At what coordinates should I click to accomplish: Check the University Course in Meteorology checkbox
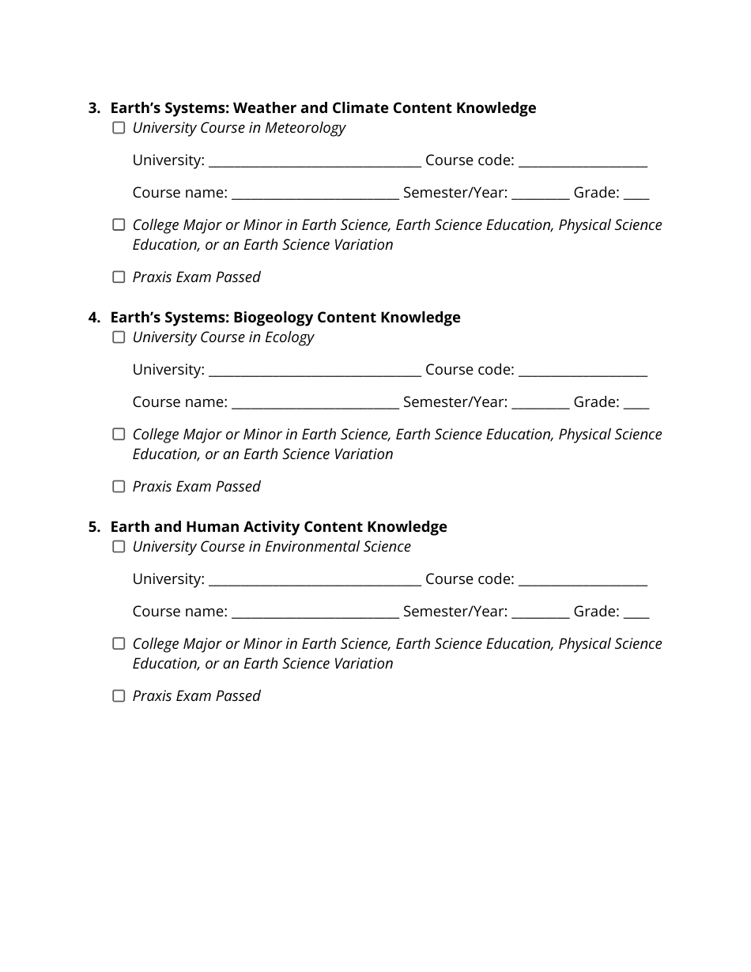tap(119, 128)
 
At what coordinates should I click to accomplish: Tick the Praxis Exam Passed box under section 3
tap(119, 277)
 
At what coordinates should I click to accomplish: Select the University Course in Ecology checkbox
tap(119, 337)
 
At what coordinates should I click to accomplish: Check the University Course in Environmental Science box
tap(119, 547)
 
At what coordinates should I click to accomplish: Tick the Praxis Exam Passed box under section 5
tap(119, 696)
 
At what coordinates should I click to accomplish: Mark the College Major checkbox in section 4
tap(119, 435)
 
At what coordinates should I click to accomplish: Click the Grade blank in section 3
tap(636, 194)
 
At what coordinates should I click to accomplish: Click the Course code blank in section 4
tap(583, 371)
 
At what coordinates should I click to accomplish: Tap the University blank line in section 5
tap(315, 581)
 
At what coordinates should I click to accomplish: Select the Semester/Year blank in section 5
tap(540, 612)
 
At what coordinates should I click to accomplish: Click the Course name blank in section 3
tap(315, 194)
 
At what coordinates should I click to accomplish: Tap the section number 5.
tap(93, 527)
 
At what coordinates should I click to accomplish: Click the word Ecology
tap(289, 337)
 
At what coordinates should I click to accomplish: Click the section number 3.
tap(93, 108)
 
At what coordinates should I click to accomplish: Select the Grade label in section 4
tap(596, 402)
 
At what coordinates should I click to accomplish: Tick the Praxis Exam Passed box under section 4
tap(119, 487)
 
